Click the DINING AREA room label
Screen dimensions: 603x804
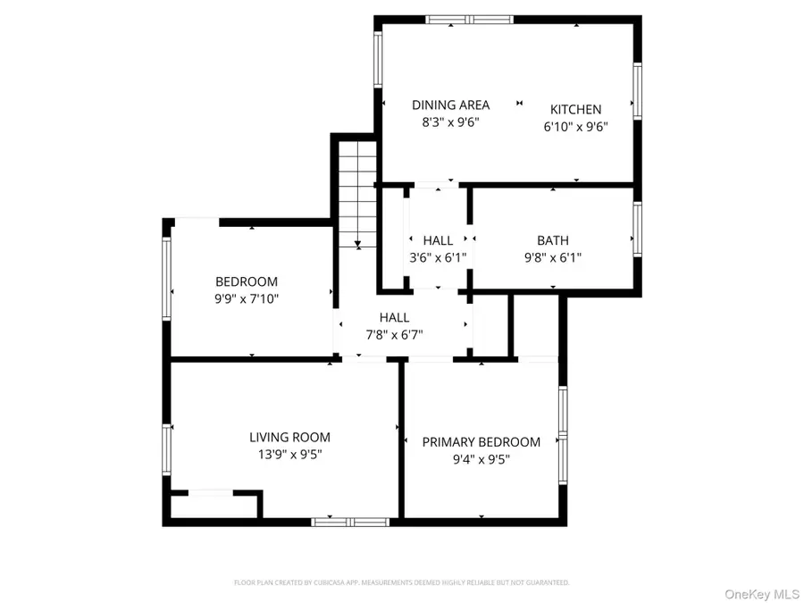click(x=450, y=105)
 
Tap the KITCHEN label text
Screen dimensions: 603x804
click(x=575, y=109)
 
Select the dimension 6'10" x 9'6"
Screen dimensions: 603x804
click(x=575, y=127)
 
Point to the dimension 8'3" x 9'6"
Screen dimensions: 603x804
click(x=451, y=123)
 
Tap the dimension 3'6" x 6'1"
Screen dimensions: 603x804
click(x=438, y=258)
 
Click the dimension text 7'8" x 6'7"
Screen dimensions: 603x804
click(x=394, y=335)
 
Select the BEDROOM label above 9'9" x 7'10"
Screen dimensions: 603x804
click(x=247, y=281)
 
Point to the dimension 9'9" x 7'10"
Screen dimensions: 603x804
click(x=247, y=299)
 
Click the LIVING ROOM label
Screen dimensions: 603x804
click(x=289, y=438)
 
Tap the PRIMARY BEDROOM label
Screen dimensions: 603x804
click(x=482, y=442)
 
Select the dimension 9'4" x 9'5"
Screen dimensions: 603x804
click(x=482, y=460)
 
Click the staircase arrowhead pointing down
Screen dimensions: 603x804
click(x=357, y=242)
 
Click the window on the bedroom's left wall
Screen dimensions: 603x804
click(x=166, y=277)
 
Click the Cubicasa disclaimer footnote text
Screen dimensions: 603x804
click(x=401, y=582)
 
